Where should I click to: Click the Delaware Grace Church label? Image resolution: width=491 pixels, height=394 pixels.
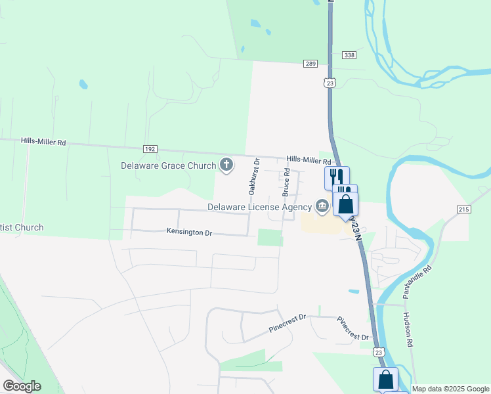pos(169,165)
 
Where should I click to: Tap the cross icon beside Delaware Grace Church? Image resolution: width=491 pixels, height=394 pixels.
pos(226,165)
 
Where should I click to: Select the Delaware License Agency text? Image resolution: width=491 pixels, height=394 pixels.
pos(259,207)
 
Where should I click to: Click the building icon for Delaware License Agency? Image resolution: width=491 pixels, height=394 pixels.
pos(322,207)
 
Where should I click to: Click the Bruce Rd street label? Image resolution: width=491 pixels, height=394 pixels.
pos(286,182)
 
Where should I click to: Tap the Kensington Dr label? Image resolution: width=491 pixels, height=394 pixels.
pos(189,232)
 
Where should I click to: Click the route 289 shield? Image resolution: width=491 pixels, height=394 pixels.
pos(310,64)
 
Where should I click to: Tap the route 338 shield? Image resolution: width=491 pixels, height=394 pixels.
pos(349,55)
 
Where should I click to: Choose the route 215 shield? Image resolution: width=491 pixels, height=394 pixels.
pos(463,209)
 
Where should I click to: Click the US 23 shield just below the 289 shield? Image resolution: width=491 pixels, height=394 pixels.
pos(330,82)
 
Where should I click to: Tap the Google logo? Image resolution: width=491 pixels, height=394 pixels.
pos(22,386)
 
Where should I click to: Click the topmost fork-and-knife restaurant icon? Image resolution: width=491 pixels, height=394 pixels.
pos(337,177)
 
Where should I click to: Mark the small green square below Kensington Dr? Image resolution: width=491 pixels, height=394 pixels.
pos(270,237)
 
